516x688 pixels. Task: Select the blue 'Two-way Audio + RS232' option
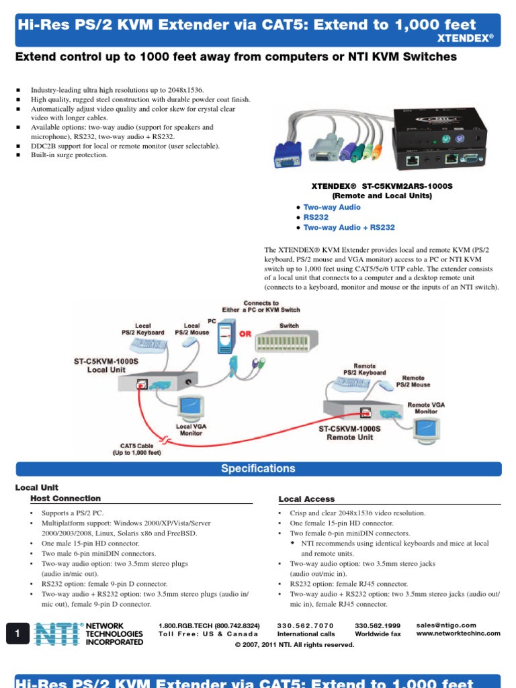(349, 228)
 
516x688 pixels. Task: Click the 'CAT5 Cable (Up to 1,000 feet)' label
(136, 449)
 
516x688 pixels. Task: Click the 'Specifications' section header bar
(258, 469)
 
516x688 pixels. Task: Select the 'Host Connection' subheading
(66, 499)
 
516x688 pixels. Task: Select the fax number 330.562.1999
(378, 626)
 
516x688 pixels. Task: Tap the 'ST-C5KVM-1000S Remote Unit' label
(349, 433)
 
